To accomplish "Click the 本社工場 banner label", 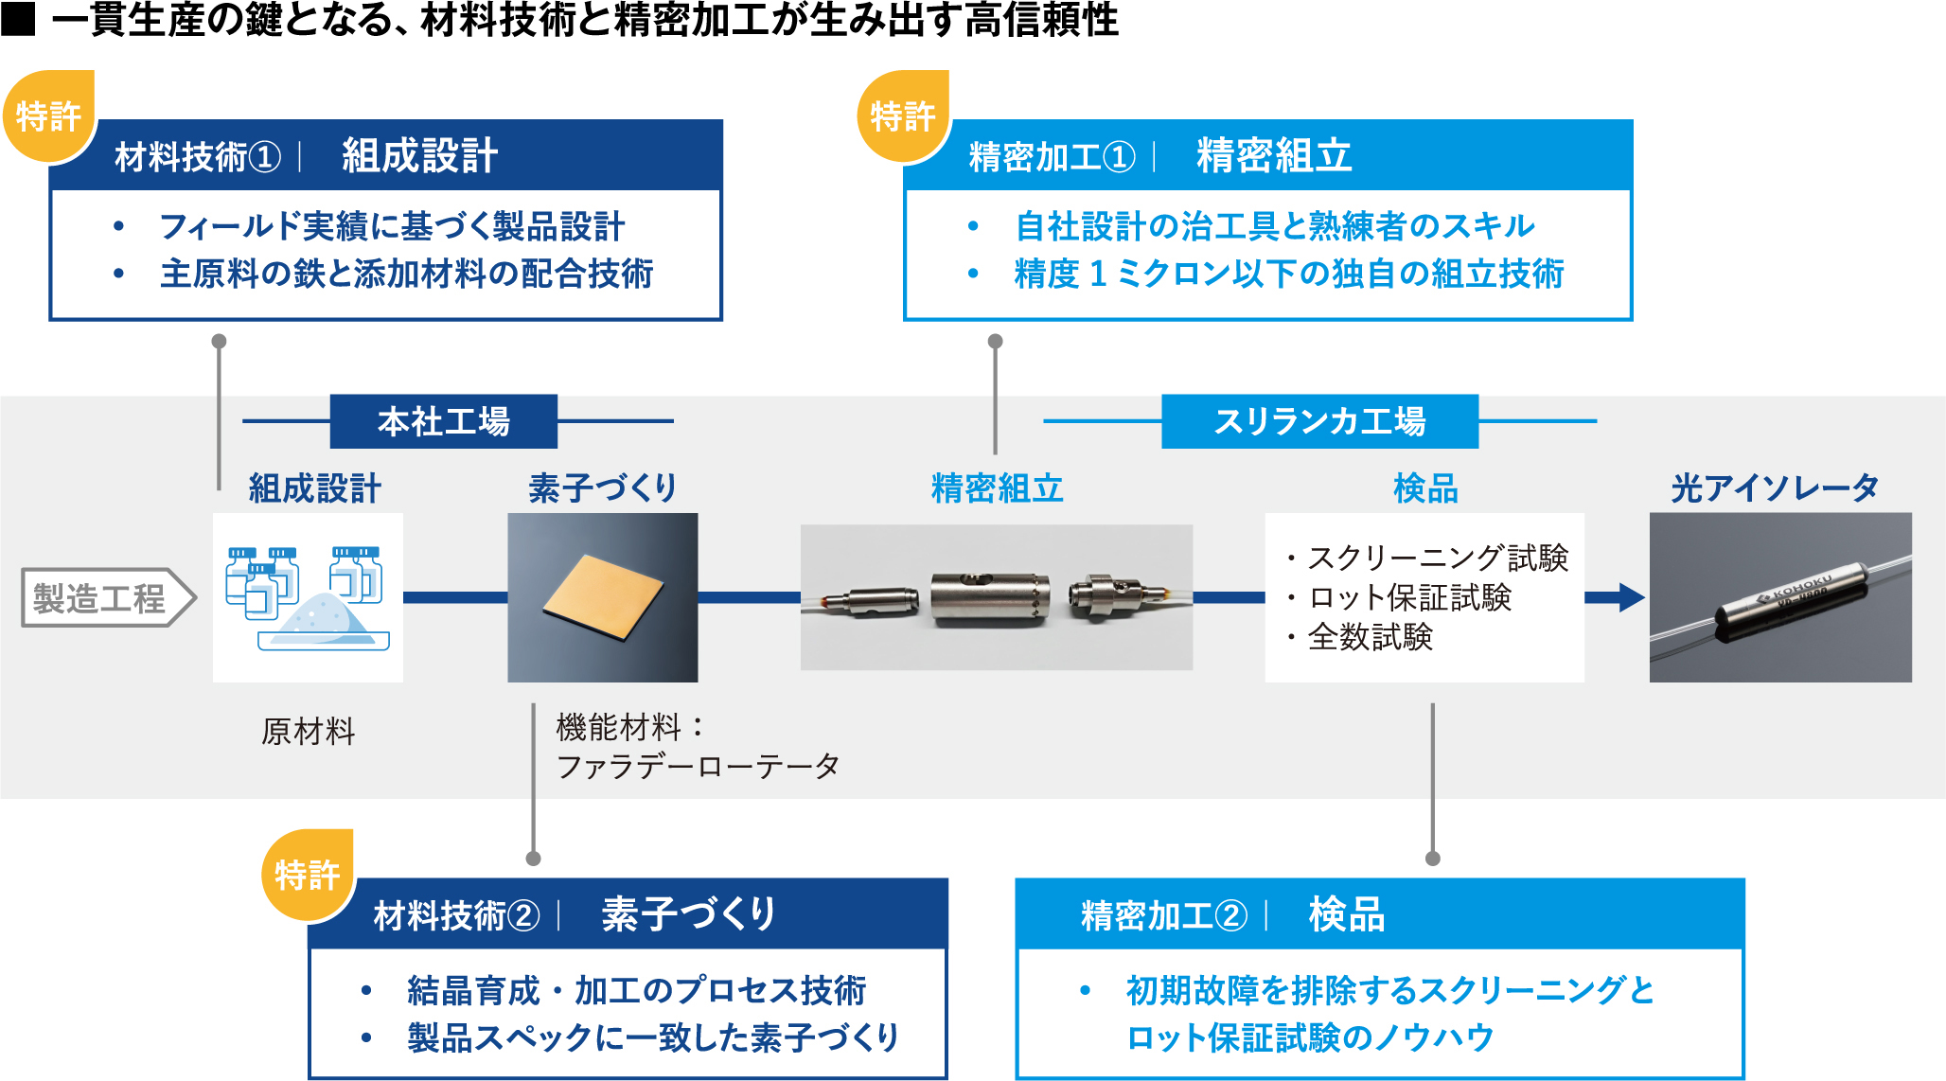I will (x=443, y=421).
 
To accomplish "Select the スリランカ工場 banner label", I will (x=1319, y=421).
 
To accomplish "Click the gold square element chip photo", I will (x=602, y=596).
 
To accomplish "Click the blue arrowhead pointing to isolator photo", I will (x=1630, y=597).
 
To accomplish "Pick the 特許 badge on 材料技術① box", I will (x=48, y=115).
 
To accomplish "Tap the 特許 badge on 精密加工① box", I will (x=902, y=115).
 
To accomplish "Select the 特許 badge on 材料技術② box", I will (x=307, y=875).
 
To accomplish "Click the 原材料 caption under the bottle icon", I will (x=308, y=732).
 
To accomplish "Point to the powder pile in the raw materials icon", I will (x=327, y=621).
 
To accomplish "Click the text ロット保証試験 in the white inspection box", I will (x=1409, y=598).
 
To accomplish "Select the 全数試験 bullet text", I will (x=1370, y=637).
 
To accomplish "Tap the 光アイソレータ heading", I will (x=1775, y=488).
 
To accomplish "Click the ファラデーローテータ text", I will (x=698, y=767).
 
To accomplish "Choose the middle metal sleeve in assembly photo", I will (x=989, y=597).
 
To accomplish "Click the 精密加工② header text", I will (x=1163, y=915).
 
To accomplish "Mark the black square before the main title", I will (x=18, y=19).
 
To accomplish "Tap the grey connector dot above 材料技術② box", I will (x=533, y=859).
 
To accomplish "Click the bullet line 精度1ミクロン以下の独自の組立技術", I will (x=1288, y=274).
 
